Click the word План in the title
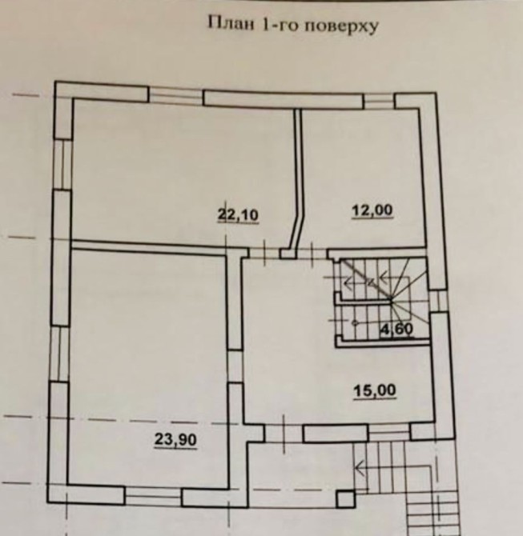coord(231,24)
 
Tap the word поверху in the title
coord(341,26)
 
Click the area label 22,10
coord(238,215)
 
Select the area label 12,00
coord(372,210)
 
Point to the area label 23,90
coord(176,439)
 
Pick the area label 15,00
coord(375,390)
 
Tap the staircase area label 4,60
coord(397,329)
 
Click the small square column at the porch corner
coord(346,499)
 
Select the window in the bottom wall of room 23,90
coord(153,497)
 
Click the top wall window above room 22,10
coord(176,95)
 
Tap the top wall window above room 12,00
coord(379,101)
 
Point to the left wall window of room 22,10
coord(62,165)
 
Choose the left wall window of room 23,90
coord(60,354)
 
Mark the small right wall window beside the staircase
coord(438,301)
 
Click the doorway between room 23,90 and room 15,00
coord(235,366)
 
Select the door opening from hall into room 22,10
coord(264,253)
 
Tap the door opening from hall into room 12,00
coord(312,254)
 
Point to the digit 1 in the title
coord(264,25)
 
